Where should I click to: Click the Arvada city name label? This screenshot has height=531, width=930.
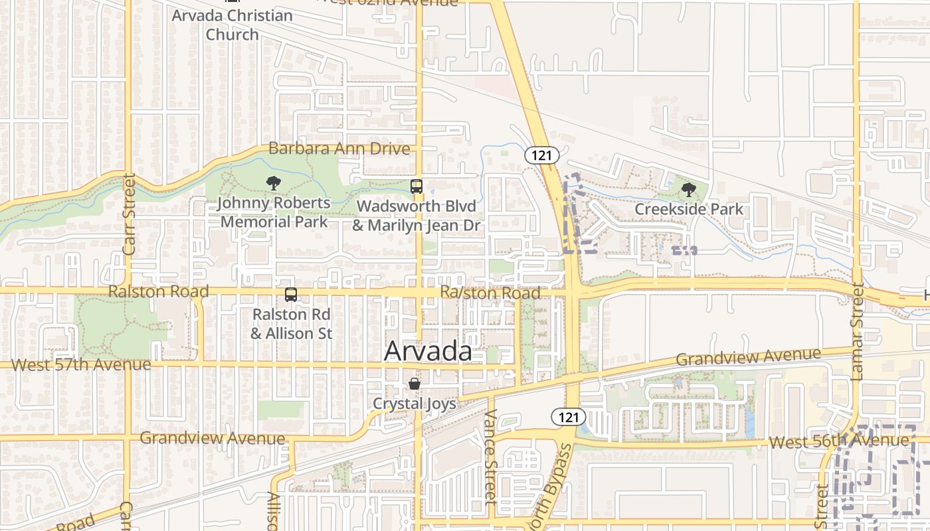428,351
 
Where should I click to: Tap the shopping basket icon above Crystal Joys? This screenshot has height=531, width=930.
415,384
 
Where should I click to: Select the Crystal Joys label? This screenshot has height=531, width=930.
415,403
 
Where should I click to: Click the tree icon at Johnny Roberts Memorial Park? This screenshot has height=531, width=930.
273,183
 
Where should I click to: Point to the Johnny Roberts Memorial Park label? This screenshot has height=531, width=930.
274,212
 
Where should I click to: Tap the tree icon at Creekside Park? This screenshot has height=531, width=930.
689,190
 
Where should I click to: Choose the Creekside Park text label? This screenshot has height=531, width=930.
689,209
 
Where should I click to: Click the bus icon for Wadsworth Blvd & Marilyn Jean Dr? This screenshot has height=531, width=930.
417,187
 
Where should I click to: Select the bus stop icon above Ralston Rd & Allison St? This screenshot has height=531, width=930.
291,295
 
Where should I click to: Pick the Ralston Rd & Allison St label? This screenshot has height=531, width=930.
291,324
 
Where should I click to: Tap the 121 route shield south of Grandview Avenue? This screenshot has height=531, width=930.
568,417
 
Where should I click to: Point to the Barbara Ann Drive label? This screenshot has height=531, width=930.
339,148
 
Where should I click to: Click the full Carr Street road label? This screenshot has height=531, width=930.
129,214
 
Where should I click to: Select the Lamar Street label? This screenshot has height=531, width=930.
858,332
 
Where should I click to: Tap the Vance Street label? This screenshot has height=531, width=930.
491,457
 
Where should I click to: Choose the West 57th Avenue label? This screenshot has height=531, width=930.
81,364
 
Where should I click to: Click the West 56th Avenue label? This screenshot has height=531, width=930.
838,441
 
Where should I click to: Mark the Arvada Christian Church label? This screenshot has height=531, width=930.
232,25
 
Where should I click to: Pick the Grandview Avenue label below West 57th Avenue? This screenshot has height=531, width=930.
213,437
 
